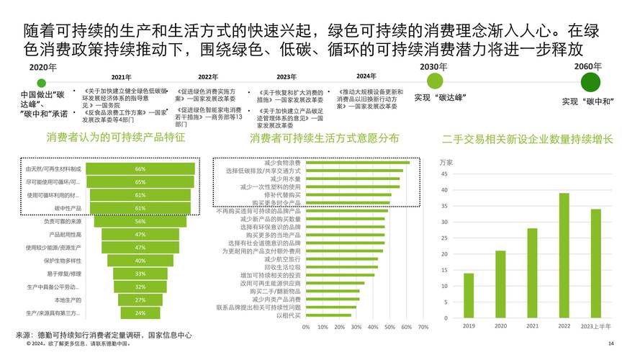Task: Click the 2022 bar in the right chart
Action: [564, 256]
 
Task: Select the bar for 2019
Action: [469, 295]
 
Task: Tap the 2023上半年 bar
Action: [595, 263]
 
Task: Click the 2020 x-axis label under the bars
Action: [500, 326]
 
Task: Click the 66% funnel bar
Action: [140, 168]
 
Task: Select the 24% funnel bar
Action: [140, 313]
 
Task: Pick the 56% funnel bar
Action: [140, 222]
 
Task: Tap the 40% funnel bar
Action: [140, 261]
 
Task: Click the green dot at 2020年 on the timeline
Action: [41, 83]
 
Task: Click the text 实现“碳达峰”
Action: [439, 96]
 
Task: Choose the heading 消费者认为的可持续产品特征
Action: [116, 137]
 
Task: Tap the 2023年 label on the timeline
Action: [287, 76]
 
